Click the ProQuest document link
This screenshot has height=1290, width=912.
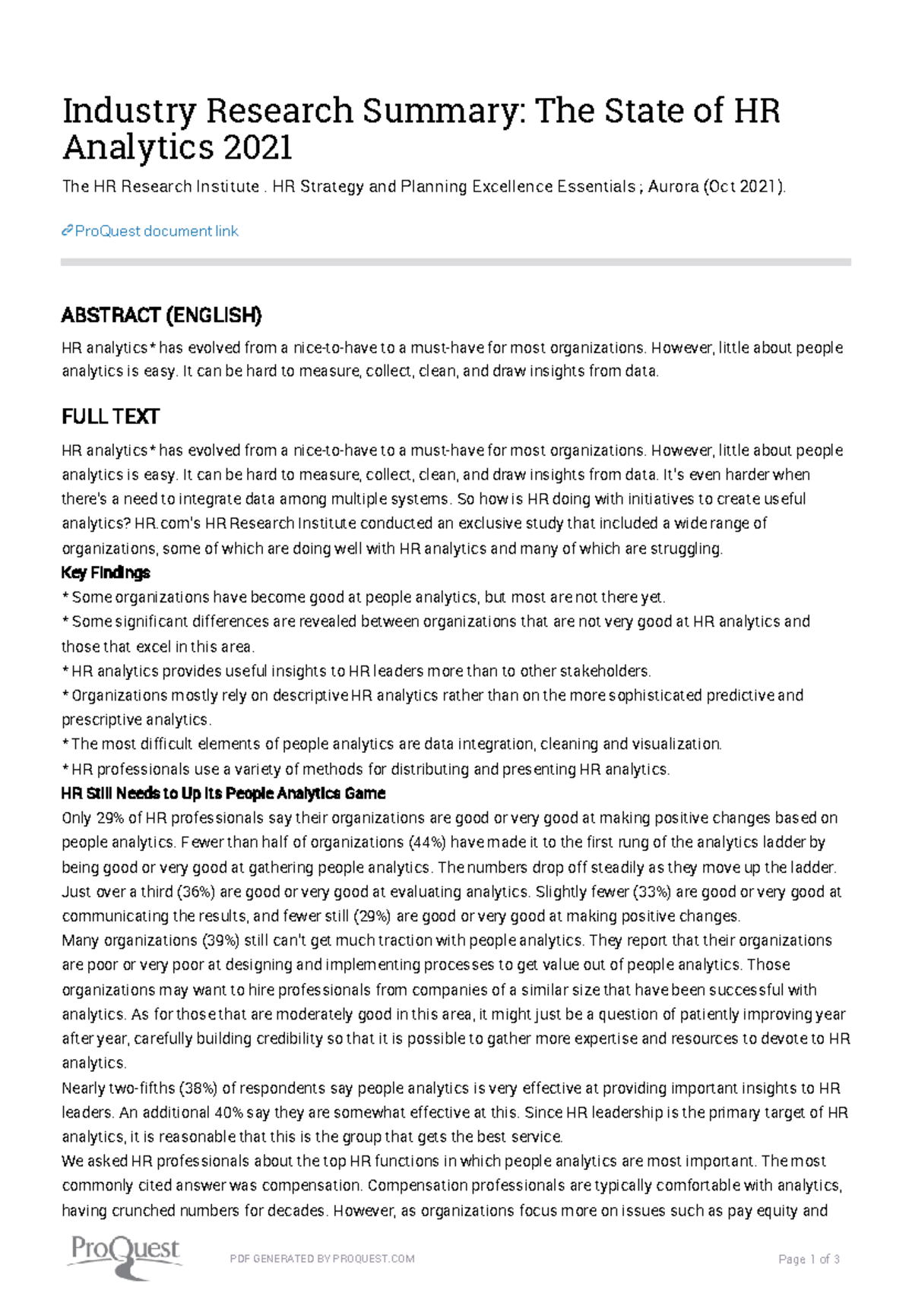tap(156, 231)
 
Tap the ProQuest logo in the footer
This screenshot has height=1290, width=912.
tap(125, 1257)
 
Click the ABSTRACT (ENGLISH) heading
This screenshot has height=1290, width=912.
tap(161, 315)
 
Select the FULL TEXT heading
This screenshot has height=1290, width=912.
tap(110, 416)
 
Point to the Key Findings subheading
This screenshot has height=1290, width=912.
tap(106, 572)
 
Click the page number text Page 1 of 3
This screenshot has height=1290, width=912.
tap(809, 1259)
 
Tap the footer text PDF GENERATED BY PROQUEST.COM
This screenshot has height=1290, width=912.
tap(321, 1259)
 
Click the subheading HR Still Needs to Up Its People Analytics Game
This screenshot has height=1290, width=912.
tap(223, 793)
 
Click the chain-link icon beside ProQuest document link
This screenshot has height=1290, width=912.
tap(67, 231)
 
